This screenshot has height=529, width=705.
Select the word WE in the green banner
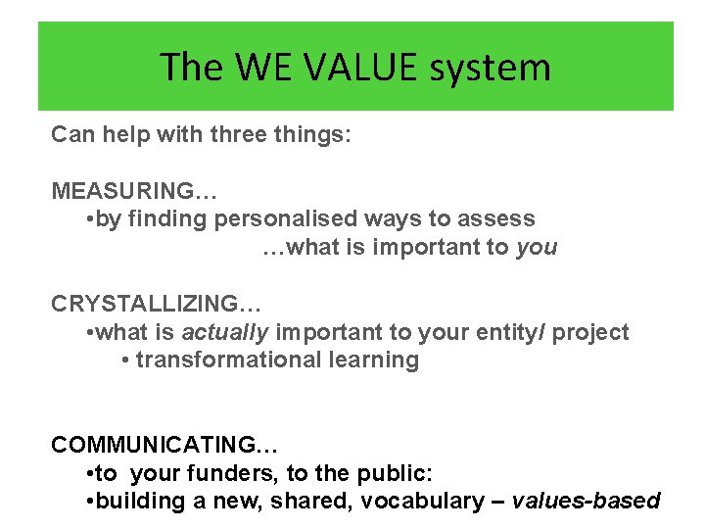[x=255, y=68]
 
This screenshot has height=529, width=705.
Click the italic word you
[x=537, y=247]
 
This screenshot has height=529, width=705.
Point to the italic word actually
[x=224, y=332]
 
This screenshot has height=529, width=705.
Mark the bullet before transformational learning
[x=125, y=361]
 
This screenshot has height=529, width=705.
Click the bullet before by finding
[x=90, y=219]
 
